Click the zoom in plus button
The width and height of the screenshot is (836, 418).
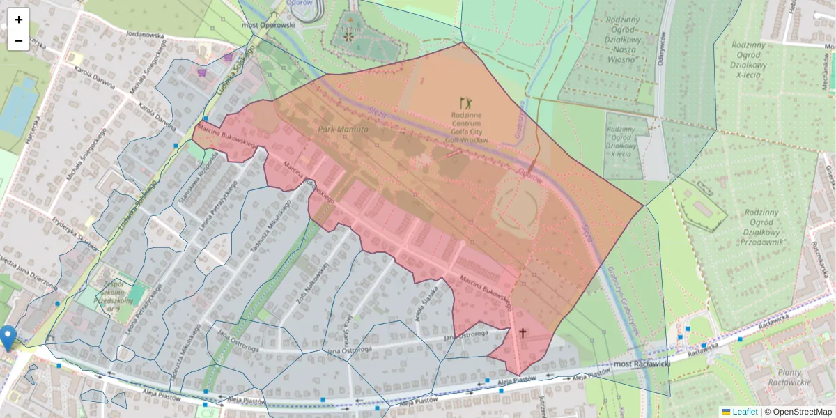click(x=19, y=20)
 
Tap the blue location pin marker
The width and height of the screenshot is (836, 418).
click(x=8, y=337)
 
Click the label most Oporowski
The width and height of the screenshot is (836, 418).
click(x=268, y=25)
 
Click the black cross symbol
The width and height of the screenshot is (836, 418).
click(x=522, y=333)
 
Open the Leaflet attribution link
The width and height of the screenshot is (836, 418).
click(x=744, y=412)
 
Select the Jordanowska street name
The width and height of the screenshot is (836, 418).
click(x=144, y=33)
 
